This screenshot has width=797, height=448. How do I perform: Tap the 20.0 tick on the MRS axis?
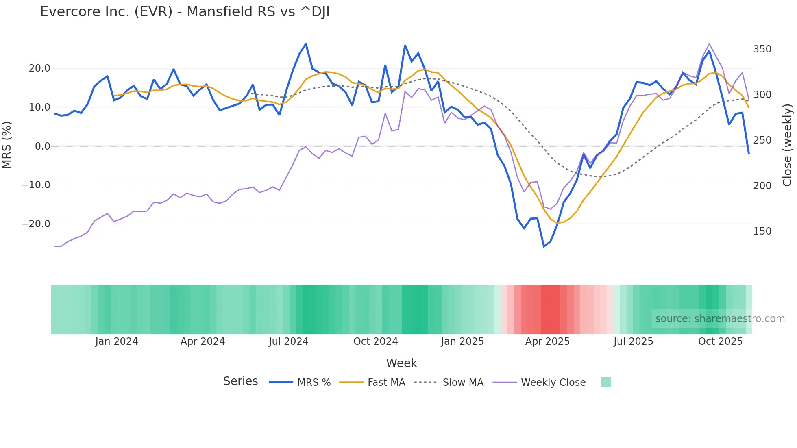(39, 68)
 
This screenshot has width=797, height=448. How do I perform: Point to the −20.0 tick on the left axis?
(36, 224)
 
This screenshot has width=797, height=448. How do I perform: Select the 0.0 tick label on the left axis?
(43, 146)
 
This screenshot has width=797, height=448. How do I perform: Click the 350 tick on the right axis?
(762, 49)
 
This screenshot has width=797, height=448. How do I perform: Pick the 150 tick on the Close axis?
(762, 231)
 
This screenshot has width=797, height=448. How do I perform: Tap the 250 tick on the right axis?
(762, 140)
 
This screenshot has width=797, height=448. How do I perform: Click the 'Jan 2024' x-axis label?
(117, 341)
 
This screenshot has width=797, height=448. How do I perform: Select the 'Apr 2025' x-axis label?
(547, 341)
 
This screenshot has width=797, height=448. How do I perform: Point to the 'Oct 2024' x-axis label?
(375, 341)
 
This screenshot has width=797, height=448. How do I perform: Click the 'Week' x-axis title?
(401, 363)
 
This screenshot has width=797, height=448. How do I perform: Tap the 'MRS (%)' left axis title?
(7, 145)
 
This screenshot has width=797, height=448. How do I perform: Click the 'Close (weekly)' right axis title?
(787, 145)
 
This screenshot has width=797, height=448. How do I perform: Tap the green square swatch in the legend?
(606, 382)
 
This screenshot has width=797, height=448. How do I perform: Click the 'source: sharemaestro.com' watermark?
(720, 319)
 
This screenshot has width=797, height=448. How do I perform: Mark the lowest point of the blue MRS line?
(544, 246)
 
